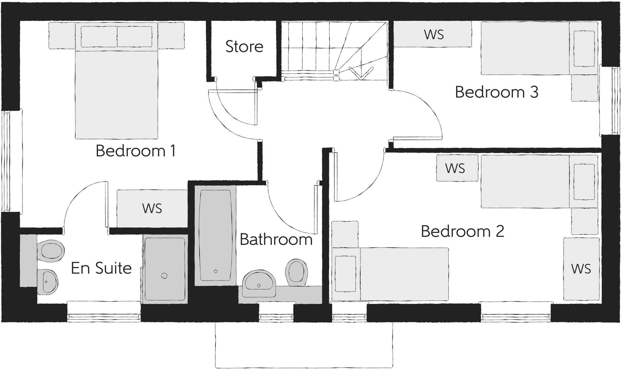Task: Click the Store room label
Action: [x=244, y=47]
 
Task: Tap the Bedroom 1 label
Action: [x=136, y=151]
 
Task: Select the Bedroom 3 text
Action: [x=496, y=92]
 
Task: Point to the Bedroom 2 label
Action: [x=462, y=232]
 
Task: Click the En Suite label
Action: [x=101, y=268]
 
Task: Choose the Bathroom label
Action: [x=276, y=240]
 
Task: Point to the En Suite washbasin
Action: [x=48, y=281]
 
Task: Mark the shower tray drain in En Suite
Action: [x=164, y=276]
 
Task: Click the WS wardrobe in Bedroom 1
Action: [x=152, y=209]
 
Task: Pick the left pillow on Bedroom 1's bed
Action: [x=99, y=37]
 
